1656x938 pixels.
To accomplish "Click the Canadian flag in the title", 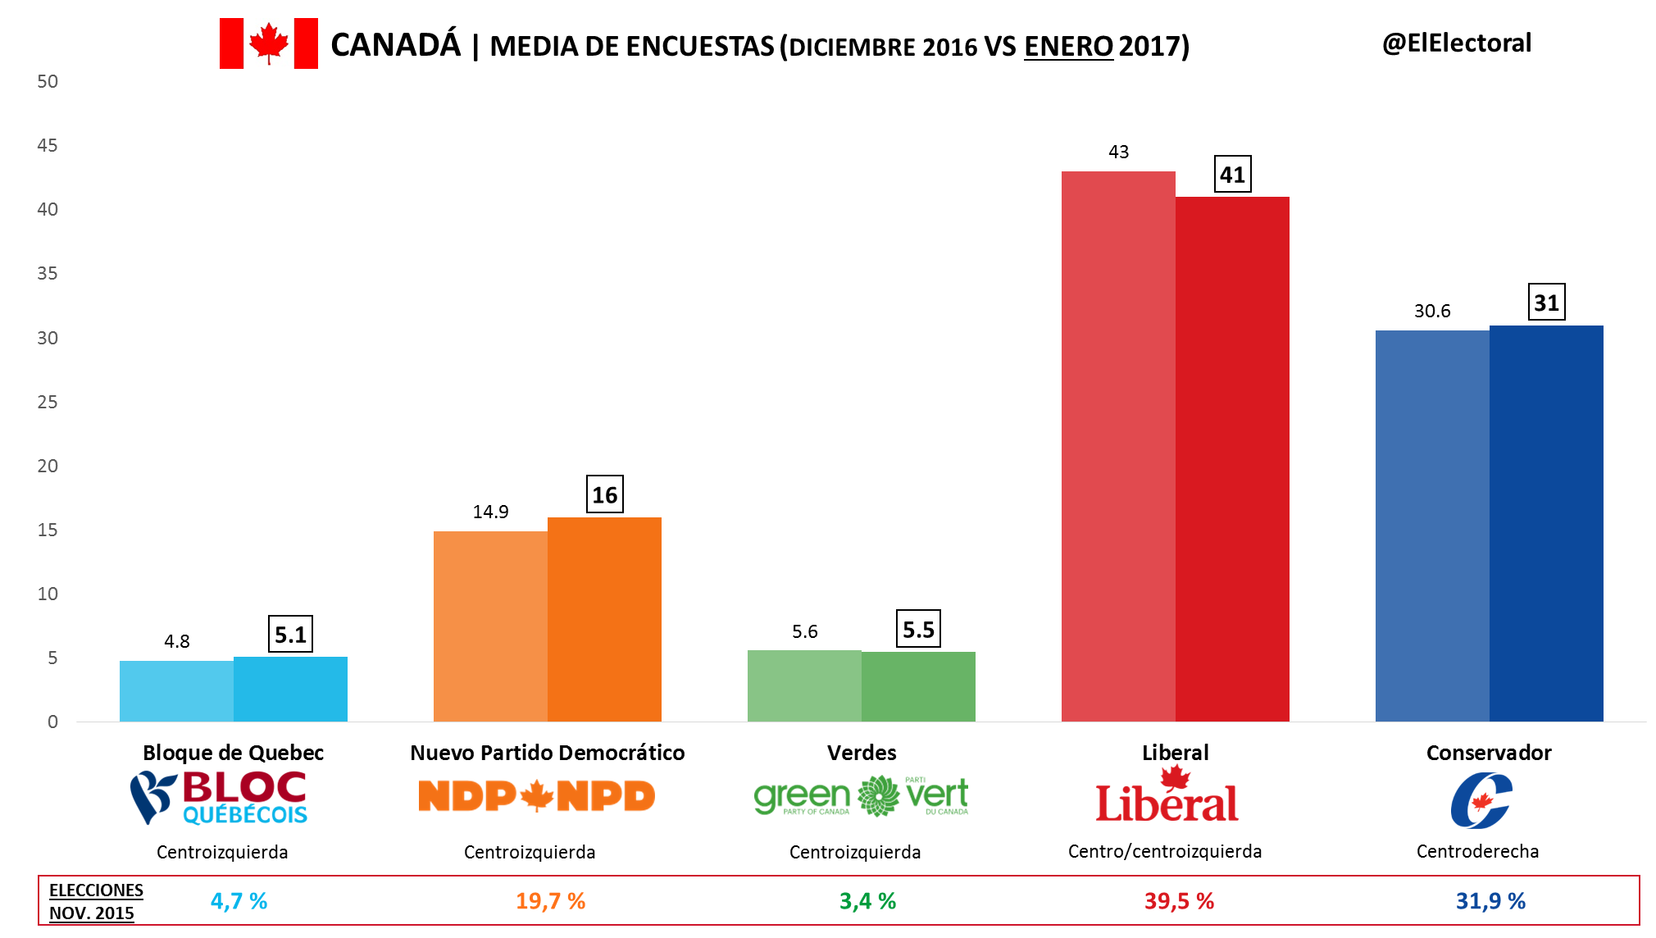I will click(268, 43).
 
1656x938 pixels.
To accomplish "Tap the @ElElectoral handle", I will click(1457, 43).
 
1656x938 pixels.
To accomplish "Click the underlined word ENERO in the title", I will click(1068, 47).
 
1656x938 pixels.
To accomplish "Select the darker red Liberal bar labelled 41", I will click(1232, 459).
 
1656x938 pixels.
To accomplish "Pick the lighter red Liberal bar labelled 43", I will click(1118, 447).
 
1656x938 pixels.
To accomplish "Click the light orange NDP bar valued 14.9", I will click(490, 626).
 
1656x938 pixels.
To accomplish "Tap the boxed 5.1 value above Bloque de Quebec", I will click(290, 635).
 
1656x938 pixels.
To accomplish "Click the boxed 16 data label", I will click(605, 494).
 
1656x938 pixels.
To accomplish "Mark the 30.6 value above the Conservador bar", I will click(1432, 311).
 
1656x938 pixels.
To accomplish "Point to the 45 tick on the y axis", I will click(48, 145).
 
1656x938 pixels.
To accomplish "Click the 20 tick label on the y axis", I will click(48, 466).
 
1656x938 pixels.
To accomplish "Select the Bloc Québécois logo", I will click(219, 797).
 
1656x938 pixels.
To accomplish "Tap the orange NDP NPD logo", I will click(536, 796).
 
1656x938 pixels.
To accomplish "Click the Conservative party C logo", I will click(1481, 801).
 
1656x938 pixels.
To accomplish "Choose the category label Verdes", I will click(862, 753).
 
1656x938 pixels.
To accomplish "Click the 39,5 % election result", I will click(1179, 901).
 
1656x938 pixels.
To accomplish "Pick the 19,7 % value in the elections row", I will click(550, 901).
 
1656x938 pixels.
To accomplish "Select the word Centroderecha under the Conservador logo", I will click(1477, 851).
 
